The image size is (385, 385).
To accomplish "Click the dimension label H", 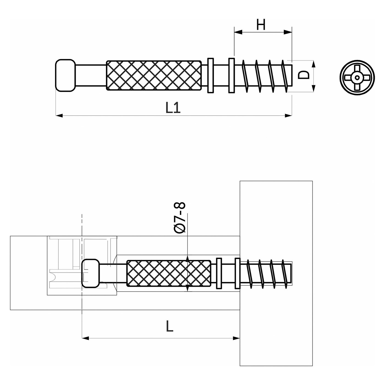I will coord(261,25).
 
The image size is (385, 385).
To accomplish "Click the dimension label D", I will coord(304,75).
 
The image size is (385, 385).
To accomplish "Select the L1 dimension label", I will coord(173,108).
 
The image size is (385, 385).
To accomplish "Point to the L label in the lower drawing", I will coord(170,326).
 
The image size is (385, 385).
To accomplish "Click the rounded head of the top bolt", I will coord(65,75).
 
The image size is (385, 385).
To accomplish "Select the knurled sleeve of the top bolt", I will coord(154,75).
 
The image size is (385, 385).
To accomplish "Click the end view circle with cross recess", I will coord(357,78).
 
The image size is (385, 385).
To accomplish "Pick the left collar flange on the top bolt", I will coord(210,75).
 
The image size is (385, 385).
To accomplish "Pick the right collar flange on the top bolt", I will coord(232,75).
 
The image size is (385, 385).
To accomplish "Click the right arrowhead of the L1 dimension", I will coord(289,116).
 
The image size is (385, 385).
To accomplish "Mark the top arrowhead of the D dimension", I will coord(313,64).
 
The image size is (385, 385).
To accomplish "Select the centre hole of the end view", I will coord(357,78).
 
